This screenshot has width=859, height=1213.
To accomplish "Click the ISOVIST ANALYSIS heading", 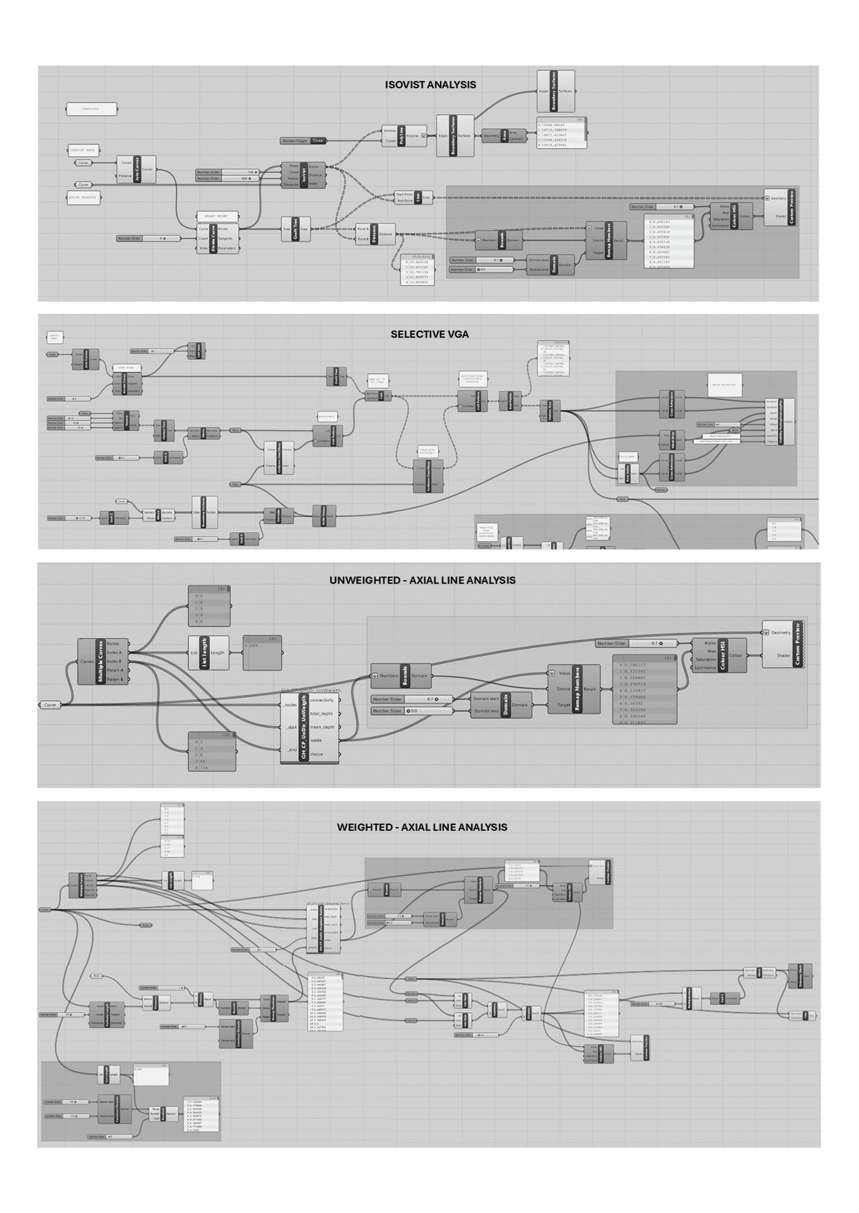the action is [x=430, y=85].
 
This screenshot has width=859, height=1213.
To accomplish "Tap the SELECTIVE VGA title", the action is [x=429, y=334].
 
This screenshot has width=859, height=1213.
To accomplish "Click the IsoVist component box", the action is [x=304, y=175].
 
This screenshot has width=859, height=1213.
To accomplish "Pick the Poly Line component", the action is [x=404, y=136].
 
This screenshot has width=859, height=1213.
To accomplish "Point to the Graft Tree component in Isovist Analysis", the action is [x=296, y=229].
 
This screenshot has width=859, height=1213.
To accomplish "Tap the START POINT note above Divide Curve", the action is [x=217, y=216].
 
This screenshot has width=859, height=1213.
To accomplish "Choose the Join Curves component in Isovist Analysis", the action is [x=137, y=169].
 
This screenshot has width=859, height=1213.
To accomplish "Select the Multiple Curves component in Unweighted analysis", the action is [x=103, y=661].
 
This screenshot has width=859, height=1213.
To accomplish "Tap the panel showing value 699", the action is [x=262, y=653].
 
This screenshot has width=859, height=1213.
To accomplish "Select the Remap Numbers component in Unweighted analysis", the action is [x=574, y=689].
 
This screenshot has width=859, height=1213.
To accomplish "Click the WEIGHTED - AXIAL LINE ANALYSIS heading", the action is [x=422, y=827].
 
